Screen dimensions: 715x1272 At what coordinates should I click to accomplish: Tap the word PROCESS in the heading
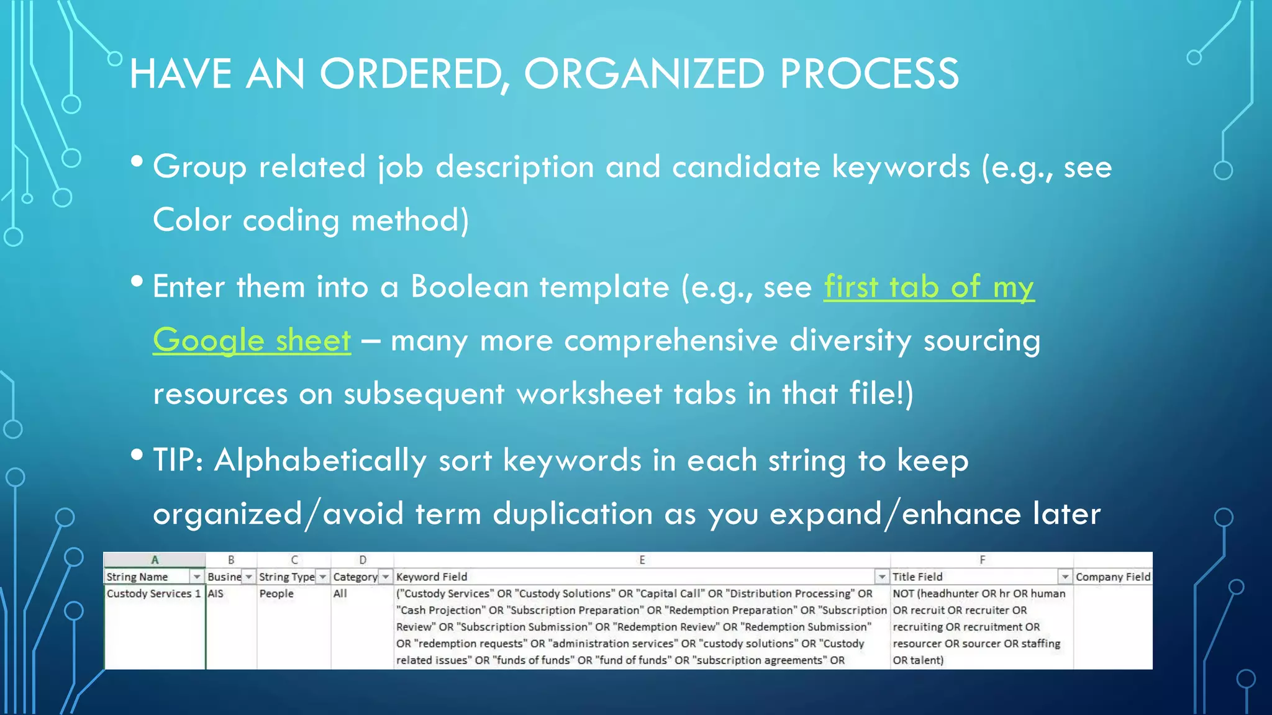click(x=869, y=74)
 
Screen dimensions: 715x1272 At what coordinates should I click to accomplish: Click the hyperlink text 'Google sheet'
click(x=252, y=340)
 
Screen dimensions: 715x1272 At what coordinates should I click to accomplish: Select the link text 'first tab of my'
click(x=929, y=287)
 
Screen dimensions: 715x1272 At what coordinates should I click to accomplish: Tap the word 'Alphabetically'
click(x=320, y=461)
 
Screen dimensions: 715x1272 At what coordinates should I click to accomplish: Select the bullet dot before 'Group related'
click(x=137, y=163)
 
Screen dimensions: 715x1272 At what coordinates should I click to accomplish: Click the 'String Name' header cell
click(x=138, y=577)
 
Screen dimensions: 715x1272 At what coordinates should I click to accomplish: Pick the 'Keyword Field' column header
click(x=432, y=577)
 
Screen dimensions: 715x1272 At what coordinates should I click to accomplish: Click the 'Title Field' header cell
click(x=917, y=577)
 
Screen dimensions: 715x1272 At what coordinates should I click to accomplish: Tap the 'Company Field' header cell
click(x=1112, y=577)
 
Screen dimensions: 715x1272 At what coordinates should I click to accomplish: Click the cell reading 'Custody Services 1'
click(x=153, y=593)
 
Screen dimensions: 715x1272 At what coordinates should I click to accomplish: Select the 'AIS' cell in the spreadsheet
click(x=216, y=593)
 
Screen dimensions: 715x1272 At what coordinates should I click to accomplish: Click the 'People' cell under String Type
click(x=276, y=593)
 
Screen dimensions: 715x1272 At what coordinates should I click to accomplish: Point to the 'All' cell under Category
click(x=340, y=593)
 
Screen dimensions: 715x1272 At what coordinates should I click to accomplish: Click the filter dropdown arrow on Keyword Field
click(x=881, y=577)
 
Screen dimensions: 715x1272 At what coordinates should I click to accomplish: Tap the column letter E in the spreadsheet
click(x=642, y=560)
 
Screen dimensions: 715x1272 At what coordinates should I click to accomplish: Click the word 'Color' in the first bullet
click(x=192, y=220)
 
